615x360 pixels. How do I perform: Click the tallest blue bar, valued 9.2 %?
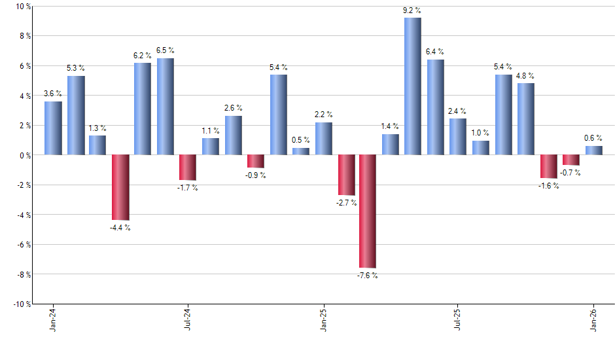click(x=412, y=86)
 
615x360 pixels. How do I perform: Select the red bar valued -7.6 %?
click(x=367, y=211)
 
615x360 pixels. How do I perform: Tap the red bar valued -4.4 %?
click(x=120, y=187)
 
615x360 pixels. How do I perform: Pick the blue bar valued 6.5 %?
click(x=165, y=107)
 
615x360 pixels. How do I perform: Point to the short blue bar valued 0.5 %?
click(x=300, y=151)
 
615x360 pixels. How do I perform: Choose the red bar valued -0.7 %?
click(x=571, y=160)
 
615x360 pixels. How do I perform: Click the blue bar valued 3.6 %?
click(x=53, y=128)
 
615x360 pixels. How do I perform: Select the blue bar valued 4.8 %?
click(x=525, y=119)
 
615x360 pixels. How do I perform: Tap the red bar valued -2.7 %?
click(x=345, y=175)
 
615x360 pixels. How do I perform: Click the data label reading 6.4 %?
click(x=435, y=52)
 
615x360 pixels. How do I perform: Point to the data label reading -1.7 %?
click(x=188, y=189)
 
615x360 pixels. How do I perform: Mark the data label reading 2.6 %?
click(x=233, y=108)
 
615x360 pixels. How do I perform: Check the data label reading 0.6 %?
click(x=593, y=138)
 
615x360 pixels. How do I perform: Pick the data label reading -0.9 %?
click(x=256, y=176)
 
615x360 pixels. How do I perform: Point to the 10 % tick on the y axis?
click(x=23, y=7)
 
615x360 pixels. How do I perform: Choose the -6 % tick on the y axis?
click(x=23, y=244)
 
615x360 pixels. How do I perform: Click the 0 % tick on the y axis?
click(x=25, y=155)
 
